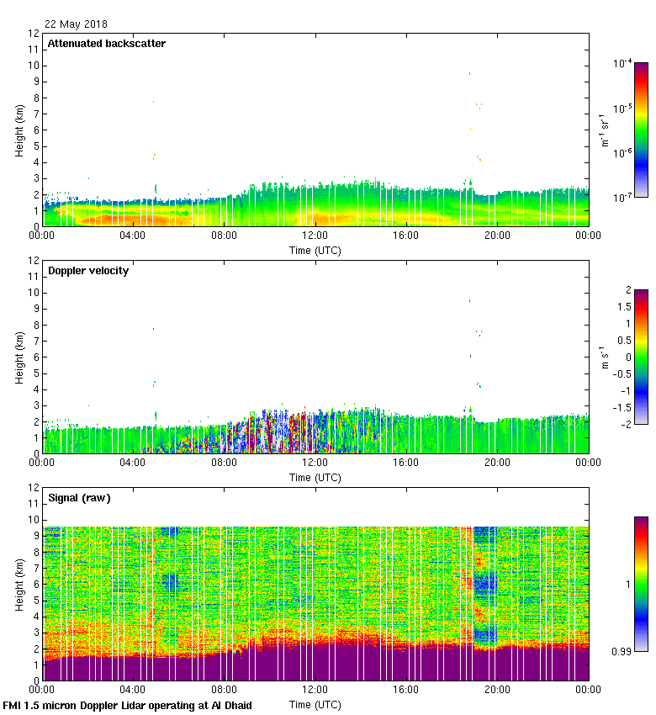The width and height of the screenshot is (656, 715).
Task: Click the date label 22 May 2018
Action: click(x=76, y=24)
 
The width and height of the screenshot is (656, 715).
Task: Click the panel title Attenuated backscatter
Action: click(x=106, y=44)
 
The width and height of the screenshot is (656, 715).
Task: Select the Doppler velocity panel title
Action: click(x=87, y=271)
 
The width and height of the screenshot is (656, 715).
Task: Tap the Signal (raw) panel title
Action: click(x=79, y=498)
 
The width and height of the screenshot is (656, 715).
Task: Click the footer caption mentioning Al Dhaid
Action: click(x=128, y=705)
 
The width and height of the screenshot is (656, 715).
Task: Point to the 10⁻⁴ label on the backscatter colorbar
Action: click(x=623, y=64)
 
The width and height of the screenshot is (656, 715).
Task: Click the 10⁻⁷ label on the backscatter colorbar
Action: click(x=623, y=197)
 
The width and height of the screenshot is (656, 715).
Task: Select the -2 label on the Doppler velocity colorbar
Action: click(x=627, y=424)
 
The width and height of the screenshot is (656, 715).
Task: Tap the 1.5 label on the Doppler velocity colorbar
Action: click(x=627, y=307)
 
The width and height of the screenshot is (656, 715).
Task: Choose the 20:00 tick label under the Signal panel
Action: click(x=497, y=691)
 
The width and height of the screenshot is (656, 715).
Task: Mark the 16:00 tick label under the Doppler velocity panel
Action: click(x=406, y=463)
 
